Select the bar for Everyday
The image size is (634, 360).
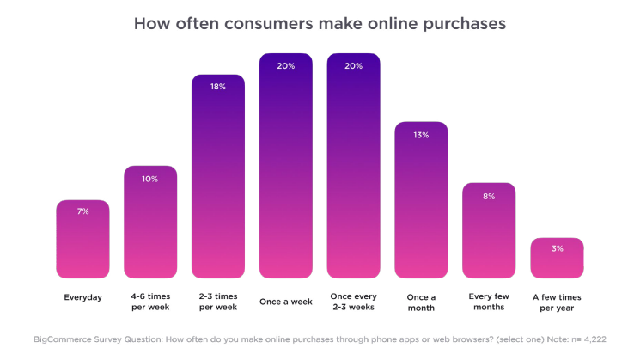click(x=82, y=245)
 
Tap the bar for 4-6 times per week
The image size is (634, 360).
click(x=150, y=228)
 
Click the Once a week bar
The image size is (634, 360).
click(x=285, y=172)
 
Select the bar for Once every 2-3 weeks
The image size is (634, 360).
click(x=353, y=172)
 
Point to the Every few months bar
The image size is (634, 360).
click(x=489, y=236)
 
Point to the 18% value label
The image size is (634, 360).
click(x=218, y=87)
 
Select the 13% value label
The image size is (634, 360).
click(x=421, y=134)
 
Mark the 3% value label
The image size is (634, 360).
click(x=557, y=248)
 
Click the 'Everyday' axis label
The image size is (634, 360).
click(x=82, y=297)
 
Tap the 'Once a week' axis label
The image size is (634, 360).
click(x=285, y=302)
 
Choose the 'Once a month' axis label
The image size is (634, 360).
click(x=421, y=302)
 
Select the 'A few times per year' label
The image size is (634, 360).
click(x=557, y=302)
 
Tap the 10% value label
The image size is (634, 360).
click(x=150, y=179)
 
